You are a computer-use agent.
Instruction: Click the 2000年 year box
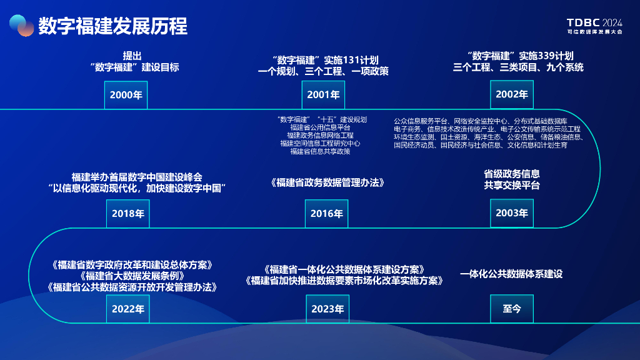click(126, 95)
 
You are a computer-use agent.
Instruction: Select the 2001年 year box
click(323, 95)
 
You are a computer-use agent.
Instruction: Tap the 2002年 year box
click(512, 95)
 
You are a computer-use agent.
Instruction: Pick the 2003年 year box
click(512, 213)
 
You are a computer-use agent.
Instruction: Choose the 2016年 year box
click(327, 213)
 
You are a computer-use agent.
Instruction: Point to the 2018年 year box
click(128, 213)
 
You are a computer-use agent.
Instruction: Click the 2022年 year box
click(128, 309)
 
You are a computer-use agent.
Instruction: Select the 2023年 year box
click(327, 309)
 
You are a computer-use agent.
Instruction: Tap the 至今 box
click(512, 309)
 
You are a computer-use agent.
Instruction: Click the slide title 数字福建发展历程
click(112, 26)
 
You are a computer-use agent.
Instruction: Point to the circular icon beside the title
click(21, 26)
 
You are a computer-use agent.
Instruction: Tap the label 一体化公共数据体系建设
click(511, 274)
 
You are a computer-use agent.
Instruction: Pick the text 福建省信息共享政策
click(320, 151)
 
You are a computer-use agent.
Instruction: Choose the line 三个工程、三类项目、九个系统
click(518, 67)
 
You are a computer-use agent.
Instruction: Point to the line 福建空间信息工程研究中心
click(320, 143)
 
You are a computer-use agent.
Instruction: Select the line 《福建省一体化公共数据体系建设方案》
click(344, 269)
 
